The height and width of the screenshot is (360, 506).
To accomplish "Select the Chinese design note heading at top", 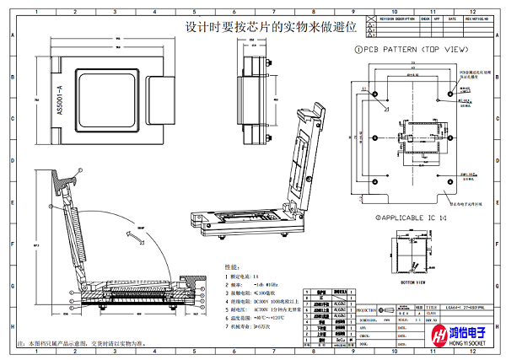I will pos(271,27).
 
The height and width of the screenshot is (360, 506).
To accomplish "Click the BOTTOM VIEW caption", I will pos(413,282).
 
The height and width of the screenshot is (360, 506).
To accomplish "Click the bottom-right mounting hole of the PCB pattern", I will pos(452,178).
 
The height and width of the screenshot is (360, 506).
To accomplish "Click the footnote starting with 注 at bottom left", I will pos(85,344).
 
